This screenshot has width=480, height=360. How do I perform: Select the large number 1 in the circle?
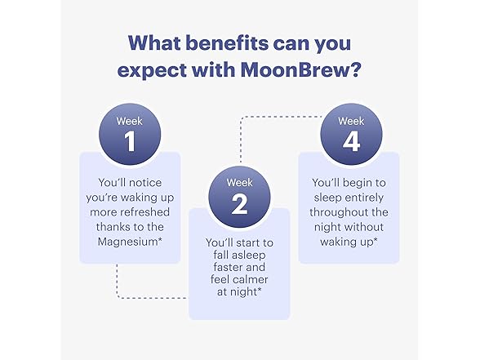pyautogui.click(x=130, y=140)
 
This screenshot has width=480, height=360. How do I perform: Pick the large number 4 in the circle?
pyautogui.click(x=349, y=140)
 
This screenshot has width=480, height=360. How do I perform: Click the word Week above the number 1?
pyautogui.click(x=130, y=119)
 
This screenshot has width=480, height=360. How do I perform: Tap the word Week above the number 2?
pyautogui.click(x=239, y=181)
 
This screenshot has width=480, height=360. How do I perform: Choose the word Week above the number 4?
pyautogui.click(x=349, y=119)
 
